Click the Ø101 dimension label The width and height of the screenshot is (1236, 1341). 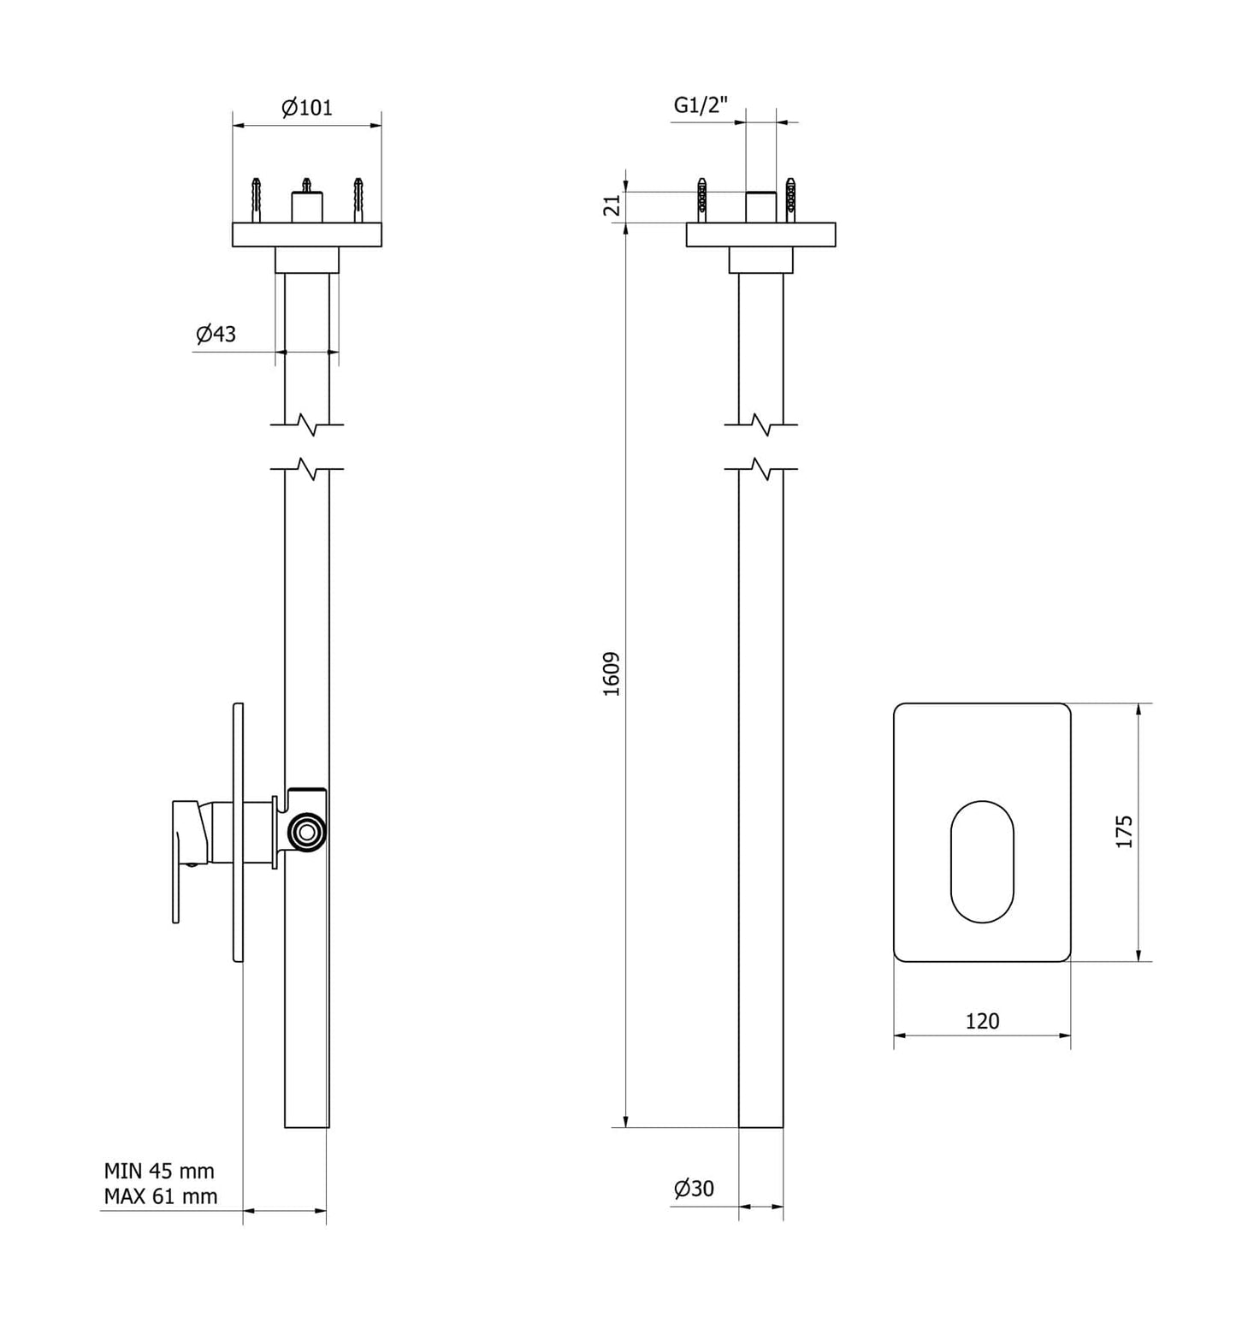point(307,108)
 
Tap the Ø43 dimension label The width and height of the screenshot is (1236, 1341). point(216,334)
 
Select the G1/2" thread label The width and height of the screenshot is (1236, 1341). point(701,105)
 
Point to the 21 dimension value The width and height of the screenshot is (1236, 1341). point(612,205)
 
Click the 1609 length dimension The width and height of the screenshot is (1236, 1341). point(612,674)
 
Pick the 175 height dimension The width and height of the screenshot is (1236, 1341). point(1124,832)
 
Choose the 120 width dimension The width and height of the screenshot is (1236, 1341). point(982,1021)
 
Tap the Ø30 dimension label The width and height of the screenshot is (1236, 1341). point(694,1188)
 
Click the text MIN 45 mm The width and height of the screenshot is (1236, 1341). point(159,1171)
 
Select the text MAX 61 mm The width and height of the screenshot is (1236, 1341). point(161,1196)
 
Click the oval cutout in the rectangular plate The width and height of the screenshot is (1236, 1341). point(982,862)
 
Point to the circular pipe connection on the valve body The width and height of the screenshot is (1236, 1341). point(306,831)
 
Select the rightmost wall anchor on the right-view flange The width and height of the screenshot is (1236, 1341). point(791,199)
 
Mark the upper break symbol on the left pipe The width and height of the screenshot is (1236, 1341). point(307,424)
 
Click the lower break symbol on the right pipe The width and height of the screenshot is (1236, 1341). point(761,469)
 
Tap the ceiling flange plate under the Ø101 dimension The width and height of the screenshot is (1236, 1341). point(307,234)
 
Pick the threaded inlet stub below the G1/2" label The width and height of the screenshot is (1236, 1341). point(760,207)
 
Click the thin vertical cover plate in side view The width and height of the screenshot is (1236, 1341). point(239,832)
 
